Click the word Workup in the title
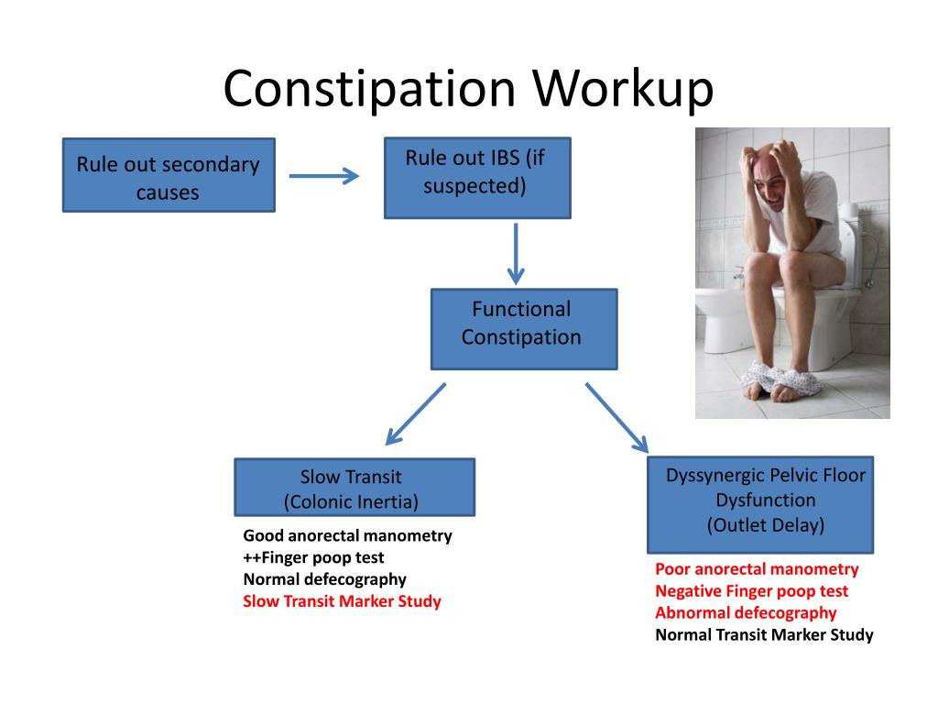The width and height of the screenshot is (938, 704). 623,89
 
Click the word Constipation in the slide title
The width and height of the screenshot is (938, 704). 369,90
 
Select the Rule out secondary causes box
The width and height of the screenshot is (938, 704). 169,175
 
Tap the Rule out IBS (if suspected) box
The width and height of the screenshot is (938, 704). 477,178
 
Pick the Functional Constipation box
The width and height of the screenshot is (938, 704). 524,329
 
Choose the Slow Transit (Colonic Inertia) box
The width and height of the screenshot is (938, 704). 354,488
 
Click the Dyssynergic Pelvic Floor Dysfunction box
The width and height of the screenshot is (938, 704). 760,505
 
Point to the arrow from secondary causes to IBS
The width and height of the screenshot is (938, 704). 323,176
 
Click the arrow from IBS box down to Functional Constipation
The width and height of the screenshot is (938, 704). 516,254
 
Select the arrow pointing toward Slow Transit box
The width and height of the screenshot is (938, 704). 416,414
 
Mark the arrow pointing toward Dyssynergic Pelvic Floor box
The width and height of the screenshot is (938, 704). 616,418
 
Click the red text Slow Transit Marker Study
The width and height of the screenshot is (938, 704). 343,601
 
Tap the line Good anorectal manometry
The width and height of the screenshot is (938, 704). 347,535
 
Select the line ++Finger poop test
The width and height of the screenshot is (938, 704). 313,558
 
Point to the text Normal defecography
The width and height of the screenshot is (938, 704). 325,579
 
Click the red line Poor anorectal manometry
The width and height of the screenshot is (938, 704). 757,569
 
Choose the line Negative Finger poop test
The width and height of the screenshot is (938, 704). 751,591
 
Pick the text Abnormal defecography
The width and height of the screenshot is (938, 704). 746,613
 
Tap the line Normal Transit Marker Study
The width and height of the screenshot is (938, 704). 764,634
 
